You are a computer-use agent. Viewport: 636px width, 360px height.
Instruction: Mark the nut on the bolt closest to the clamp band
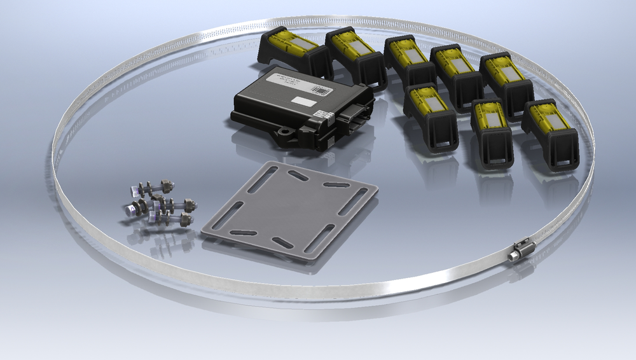(185, 220)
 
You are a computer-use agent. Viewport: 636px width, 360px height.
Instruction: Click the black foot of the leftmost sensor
(268, 54)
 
